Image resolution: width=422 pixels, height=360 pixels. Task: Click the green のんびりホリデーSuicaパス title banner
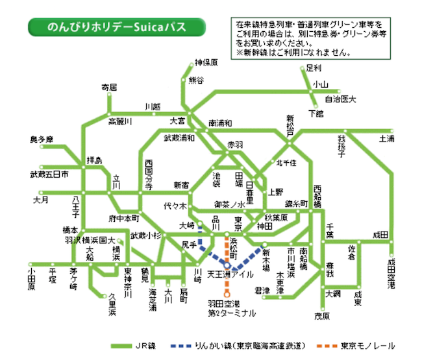point(116,29)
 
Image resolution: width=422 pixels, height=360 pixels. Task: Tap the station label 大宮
point(178,121)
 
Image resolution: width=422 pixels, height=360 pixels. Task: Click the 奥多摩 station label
point(42,139)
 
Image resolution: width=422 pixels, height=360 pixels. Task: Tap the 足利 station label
point(314,68)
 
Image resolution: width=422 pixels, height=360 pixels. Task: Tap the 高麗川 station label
point(119,121)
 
